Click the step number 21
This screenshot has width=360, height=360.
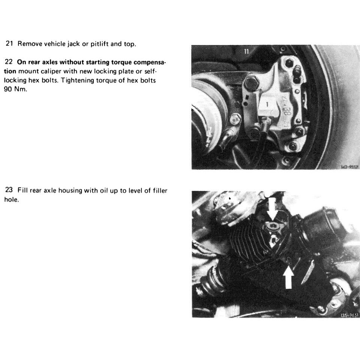10,44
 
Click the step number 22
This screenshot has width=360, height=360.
10,61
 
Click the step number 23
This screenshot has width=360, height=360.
10,191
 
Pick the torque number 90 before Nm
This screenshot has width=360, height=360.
7,90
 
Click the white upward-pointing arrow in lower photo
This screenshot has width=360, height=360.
288,277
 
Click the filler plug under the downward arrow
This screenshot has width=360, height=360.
273,227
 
